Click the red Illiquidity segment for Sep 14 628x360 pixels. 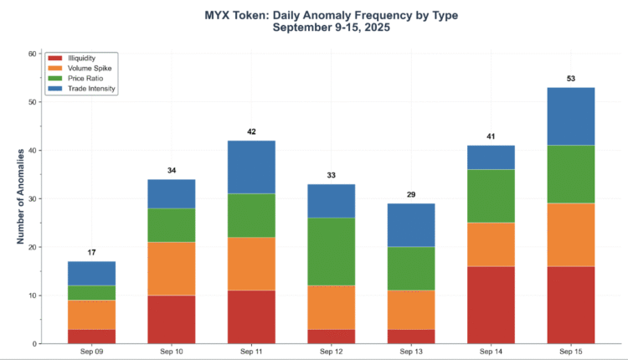point(490,305)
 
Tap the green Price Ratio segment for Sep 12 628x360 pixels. point(331,252)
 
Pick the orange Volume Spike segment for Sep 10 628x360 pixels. point(171,268)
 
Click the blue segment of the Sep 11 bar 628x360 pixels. point(251,167)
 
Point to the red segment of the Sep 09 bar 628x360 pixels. point(91,336)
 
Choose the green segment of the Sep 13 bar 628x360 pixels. point(410,269)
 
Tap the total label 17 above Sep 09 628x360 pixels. point(91,252)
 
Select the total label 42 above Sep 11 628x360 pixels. point(251,131)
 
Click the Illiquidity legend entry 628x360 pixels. point(80,58)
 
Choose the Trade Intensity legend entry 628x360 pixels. point(90,88)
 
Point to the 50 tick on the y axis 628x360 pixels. point(33,102)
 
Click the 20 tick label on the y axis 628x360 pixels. point(33,247)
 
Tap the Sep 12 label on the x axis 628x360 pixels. point(331,352)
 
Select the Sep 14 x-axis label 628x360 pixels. point(490,352)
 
